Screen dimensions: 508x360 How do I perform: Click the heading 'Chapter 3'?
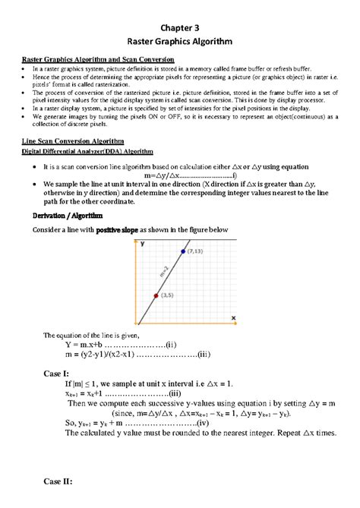[x=179, y=25]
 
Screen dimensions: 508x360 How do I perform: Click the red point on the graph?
[x=156, y=295]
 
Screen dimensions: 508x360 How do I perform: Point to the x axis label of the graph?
[x=233, y=317]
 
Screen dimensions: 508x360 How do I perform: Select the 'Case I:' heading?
[x=56, y=374]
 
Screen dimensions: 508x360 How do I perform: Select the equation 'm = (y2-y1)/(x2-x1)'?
[x=106, y=354]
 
